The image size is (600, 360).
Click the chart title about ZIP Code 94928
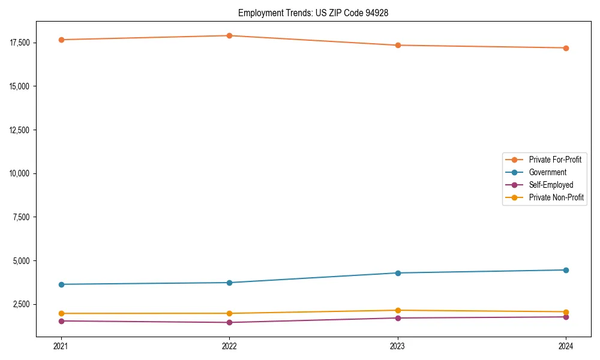tap(313, 13)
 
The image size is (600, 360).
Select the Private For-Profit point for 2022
tap(229, 35)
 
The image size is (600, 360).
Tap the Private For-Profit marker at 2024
tap(566, 48)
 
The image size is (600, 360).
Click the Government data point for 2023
tap(398, 273)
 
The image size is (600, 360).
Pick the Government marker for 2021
tap(61, 284)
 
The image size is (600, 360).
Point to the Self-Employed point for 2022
tap(229, 323)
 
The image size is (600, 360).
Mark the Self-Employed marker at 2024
tap(566, 317)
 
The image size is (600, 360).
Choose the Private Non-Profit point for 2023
tap(398, 310)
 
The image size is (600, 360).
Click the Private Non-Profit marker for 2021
tap(61, 313)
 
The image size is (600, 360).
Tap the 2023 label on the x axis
tap(398, 346)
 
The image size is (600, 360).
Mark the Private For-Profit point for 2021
tap(61, 40)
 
